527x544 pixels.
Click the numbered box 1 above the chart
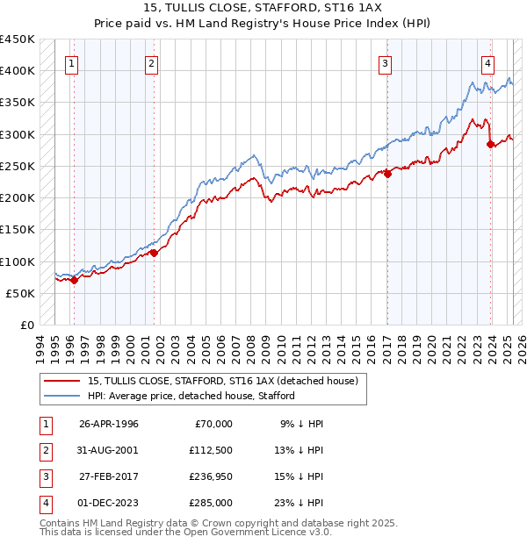[x=71, y=62]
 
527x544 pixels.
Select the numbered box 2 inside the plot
[x=152, y=62]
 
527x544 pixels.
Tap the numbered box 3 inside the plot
[x=385, y=62]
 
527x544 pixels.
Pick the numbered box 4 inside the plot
[x=487, y=62]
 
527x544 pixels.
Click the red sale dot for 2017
[x=387, y=175]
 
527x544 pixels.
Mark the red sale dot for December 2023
[x=491, y=144]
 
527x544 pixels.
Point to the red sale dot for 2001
[x=154, y=253]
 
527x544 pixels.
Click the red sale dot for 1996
[x=74, y=280]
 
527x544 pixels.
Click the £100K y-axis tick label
[x=18, y=261]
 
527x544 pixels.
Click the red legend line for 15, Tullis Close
[x=61, y=382]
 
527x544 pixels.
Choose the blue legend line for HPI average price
[x=61, y=396]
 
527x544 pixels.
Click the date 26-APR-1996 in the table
[x=109, y=424]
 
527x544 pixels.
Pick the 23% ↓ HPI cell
[x=300, y=503]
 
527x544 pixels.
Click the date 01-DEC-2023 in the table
[x=109, y=503]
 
